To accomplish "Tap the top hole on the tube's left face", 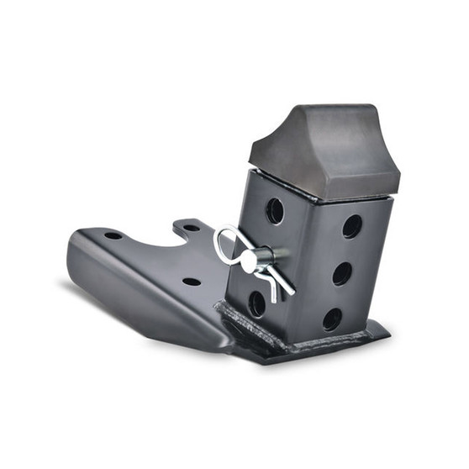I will coord(275,211).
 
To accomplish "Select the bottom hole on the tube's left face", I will coord(257,303).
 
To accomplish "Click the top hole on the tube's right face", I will coord(352,226).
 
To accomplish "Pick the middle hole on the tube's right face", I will coord(341,273).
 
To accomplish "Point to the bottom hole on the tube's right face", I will coord(332,319).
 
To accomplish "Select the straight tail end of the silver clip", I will coord(286,289).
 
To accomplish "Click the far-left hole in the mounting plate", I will coord(113,235).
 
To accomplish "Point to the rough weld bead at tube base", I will coord(244,328).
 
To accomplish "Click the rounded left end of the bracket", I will coord(74,252).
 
